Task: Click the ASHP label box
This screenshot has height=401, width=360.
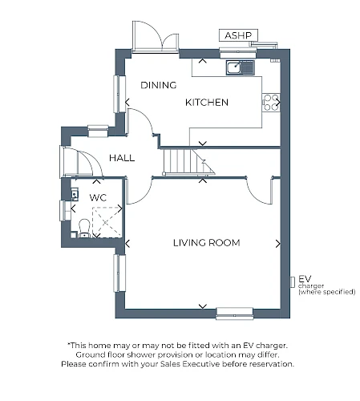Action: point(238,35)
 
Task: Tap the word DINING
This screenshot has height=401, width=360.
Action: point(159,85)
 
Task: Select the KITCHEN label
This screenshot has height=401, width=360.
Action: point(207,103)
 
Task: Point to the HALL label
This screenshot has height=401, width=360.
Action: point(122,158)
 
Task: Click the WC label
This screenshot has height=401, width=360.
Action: point(98,198)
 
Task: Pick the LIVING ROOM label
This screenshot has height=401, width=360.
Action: point(207,243)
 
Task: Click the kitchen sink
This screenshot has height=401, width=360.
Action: point(241,67)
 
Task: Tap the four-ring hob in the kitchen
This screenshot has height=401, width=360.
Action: point(271,103)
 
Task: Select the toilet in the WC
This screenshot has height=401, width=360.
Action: point(84,229)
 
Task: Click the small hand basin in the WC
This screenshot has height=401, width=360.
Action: point(75,194)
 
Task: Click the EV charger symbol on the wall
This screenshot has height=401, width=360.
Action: point(293,282)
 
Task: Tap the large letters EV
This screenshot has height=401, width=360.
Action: point(305,279)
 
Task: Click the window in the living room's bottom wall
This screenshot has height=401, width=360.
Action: point(235,314)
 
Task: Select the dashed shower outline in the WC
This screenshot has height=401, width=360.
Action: point(107,222)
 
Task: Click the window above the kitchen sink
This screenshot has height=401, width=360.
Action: point(238,52)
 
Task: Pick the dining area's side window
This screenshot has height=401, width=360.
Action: point(119,94)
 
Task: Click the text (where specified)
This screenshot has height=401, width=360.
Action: point(327,292)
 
